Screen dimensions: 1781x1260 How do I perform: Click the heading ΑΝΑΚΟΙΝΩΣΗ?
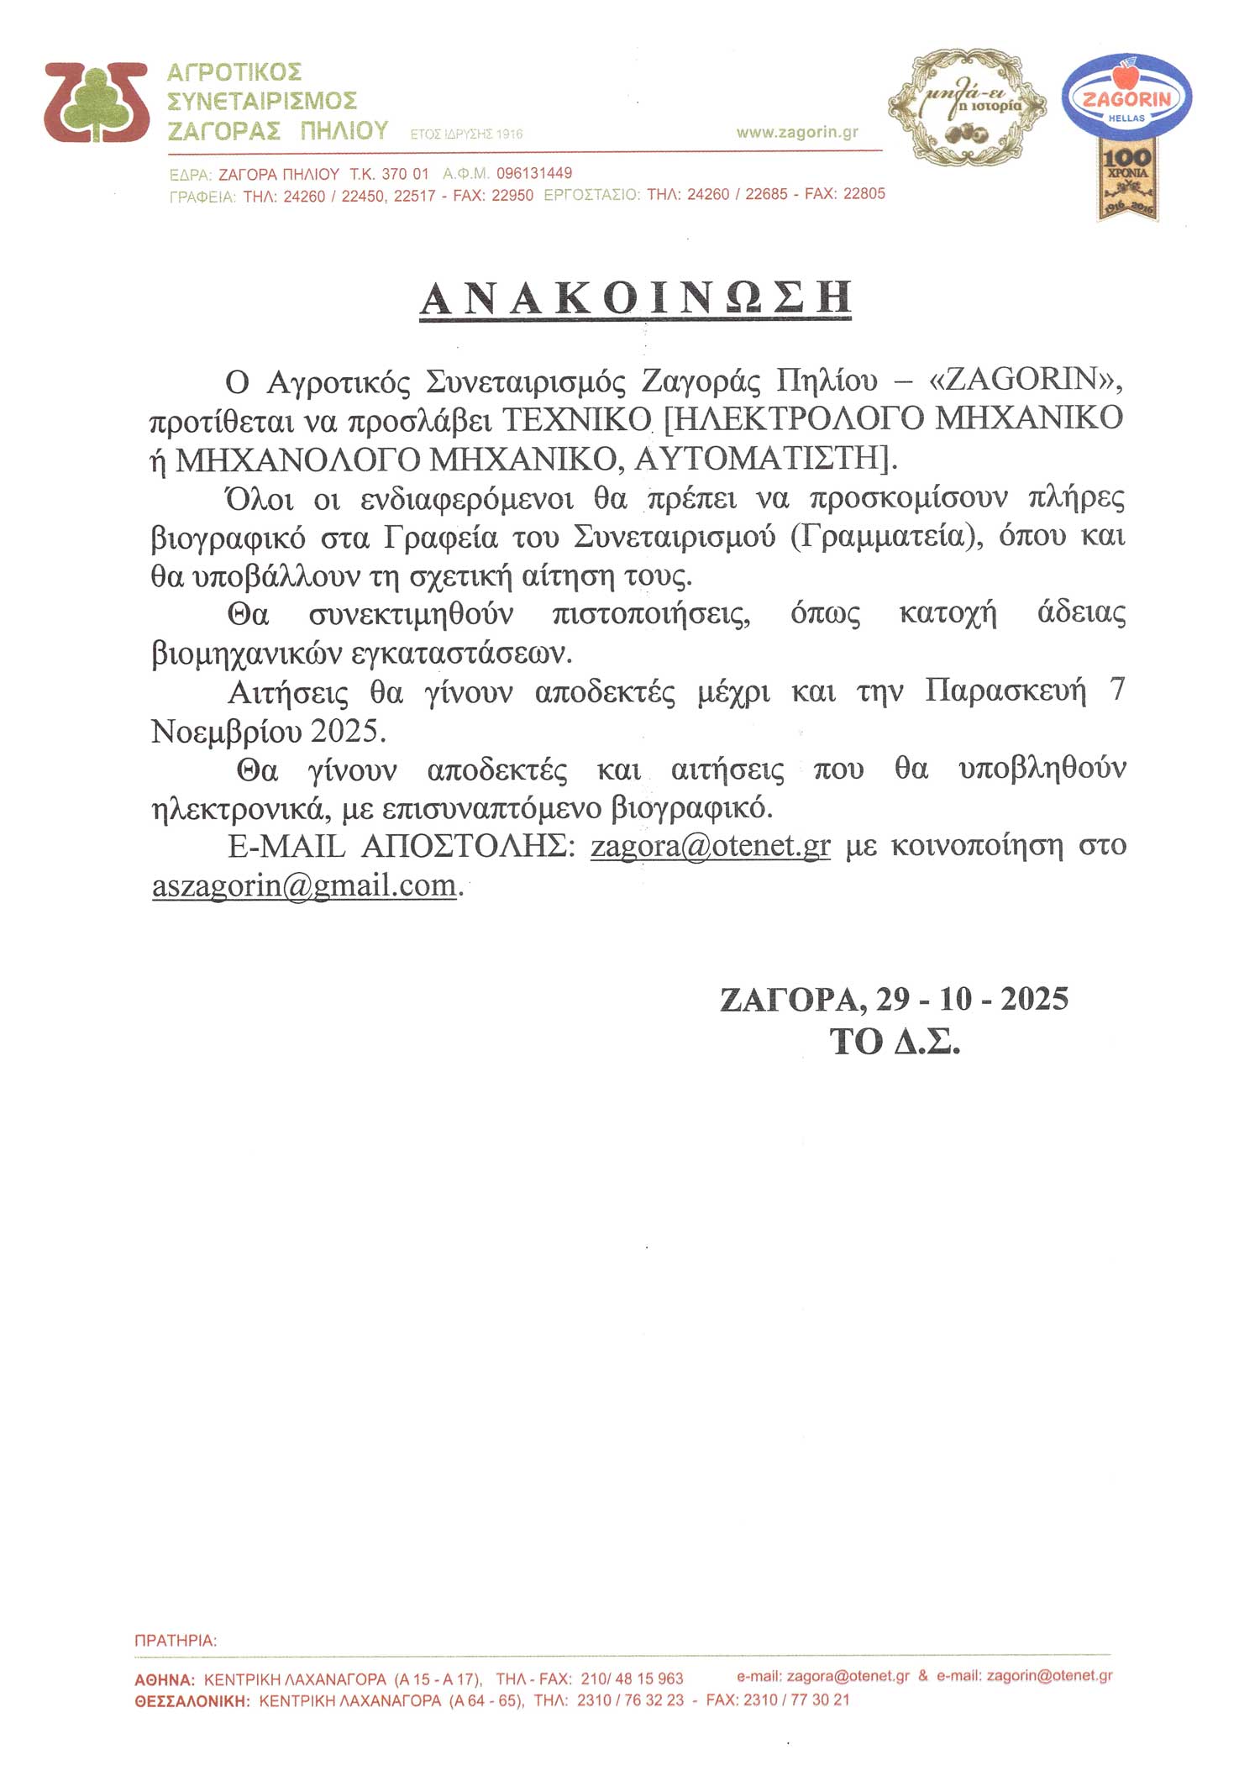coord(636,298)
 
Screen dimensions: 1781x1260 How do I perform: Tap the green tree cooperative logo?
coord(97,102)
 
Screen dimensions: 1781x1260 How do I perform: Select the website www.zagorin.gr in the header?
coord(797,133)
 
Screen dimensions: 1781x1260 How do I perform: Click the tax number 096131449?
coord(534,174)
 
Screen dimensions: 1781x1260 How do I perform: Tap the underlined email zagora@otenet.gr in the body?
coord(711,845)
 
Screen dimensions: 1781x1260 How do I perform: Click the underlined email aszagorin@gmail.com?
coord(304,885)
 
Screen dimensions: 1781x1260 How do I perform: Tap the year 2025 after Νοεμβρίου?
coord(344,731)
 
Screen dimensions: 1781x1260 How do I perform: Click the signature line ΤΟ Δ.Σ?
coord(895,1043)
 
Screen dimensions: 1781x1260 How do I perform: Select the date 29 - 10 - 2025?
coord(972,999)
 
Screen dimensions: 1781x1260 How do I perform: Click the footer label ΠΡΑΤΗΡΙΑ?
coord(176,1640)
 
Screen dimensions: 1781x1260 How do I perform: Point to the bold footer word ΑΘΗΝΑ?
coord(165,1679)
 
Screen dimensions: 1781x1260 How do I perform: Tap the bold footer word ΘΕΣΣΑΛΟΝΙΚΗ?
coord(192,1700)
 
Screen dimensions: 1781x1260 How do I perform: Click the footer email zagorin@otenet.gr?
coord(1049,1676)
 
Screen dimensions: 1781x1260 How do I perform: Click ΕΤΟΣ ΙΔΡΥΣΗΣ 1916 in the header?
coord(467,134)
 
